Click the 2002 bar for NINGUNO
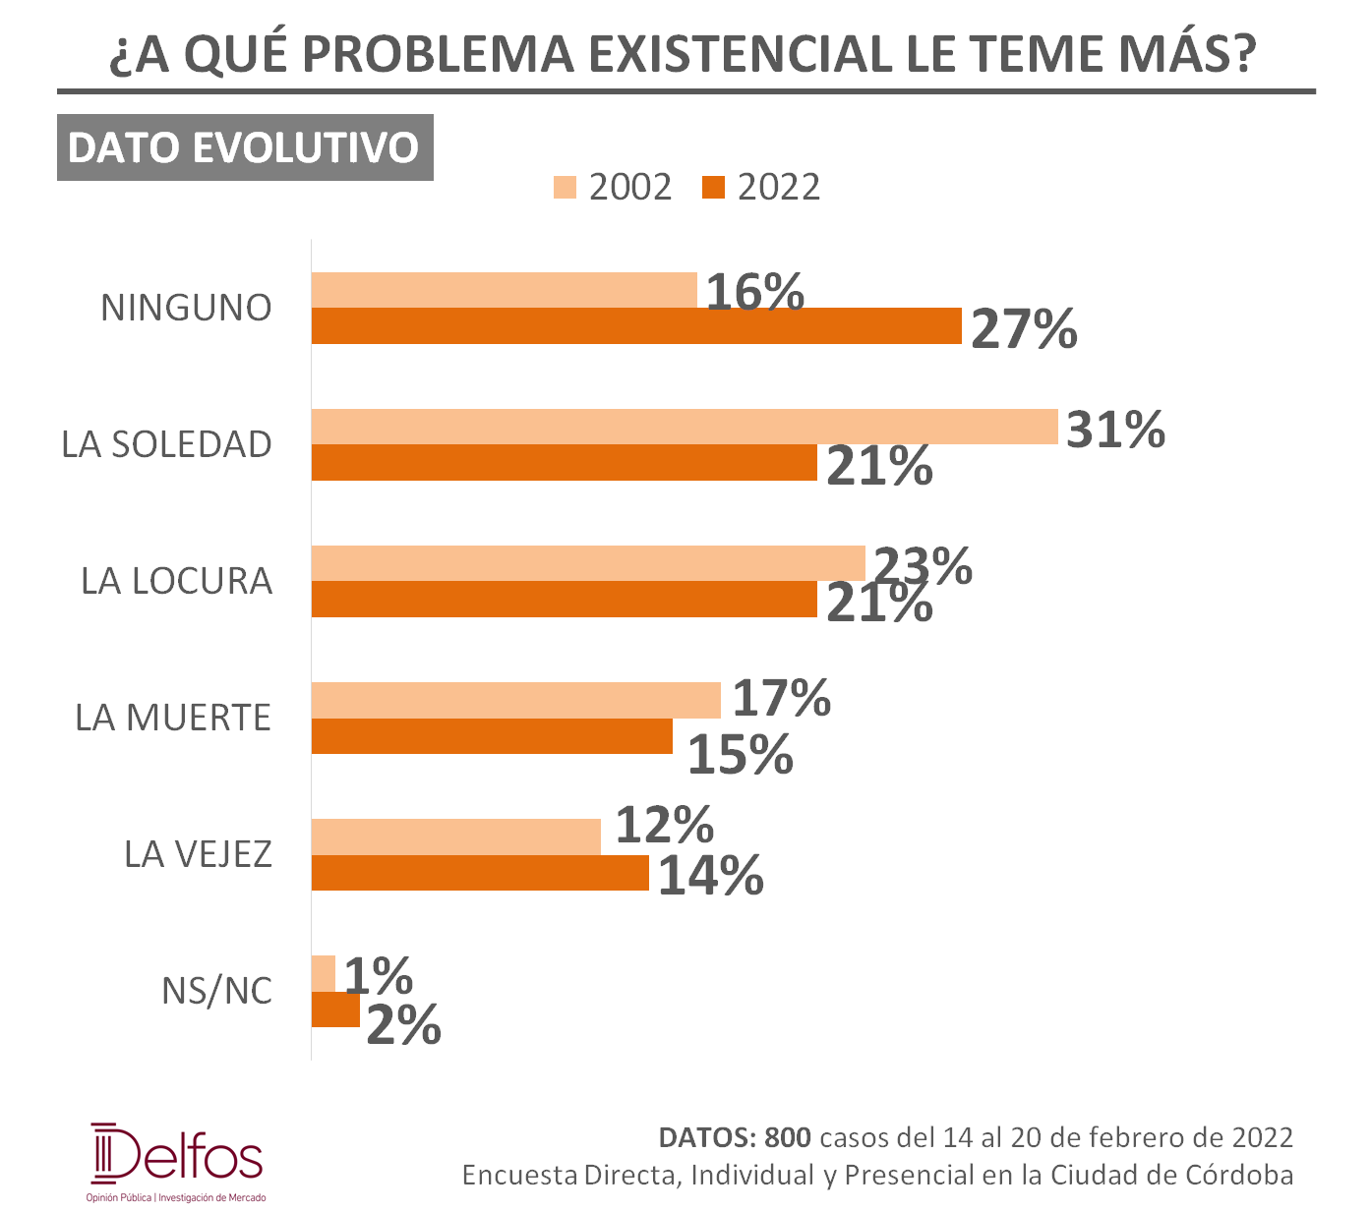(x=505, y=290)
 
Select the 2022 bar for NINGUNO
(x=636, y=326)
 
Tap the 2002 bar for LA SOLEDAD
(x=685, y=427)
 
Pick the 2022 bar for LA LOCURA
(x=565, y=599)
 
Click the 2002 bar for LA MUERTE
(x=516, y=700)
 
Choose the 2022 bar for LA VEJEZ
(x=481, y=873)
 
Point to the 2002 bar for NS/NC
(x=324, y=973)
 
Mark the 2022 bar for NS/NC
(x=335, y=1010)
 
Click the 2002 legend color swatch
(x=566, y=188)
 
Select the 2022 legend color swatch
(x=713, y=188)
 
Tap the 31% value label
(x=1116, y=430)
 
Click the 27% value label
(x=1024, y=329)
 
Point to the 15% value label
(x=741, y=755)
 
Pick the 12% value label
(x=665, y=825)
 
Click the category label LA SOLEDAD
(x=166, y=445)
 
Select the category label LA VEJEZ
(x=199, y=854)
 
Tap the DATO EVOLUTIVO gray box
(x=245, y=147)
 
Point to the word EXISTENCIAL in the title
(x=741, y=54)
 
